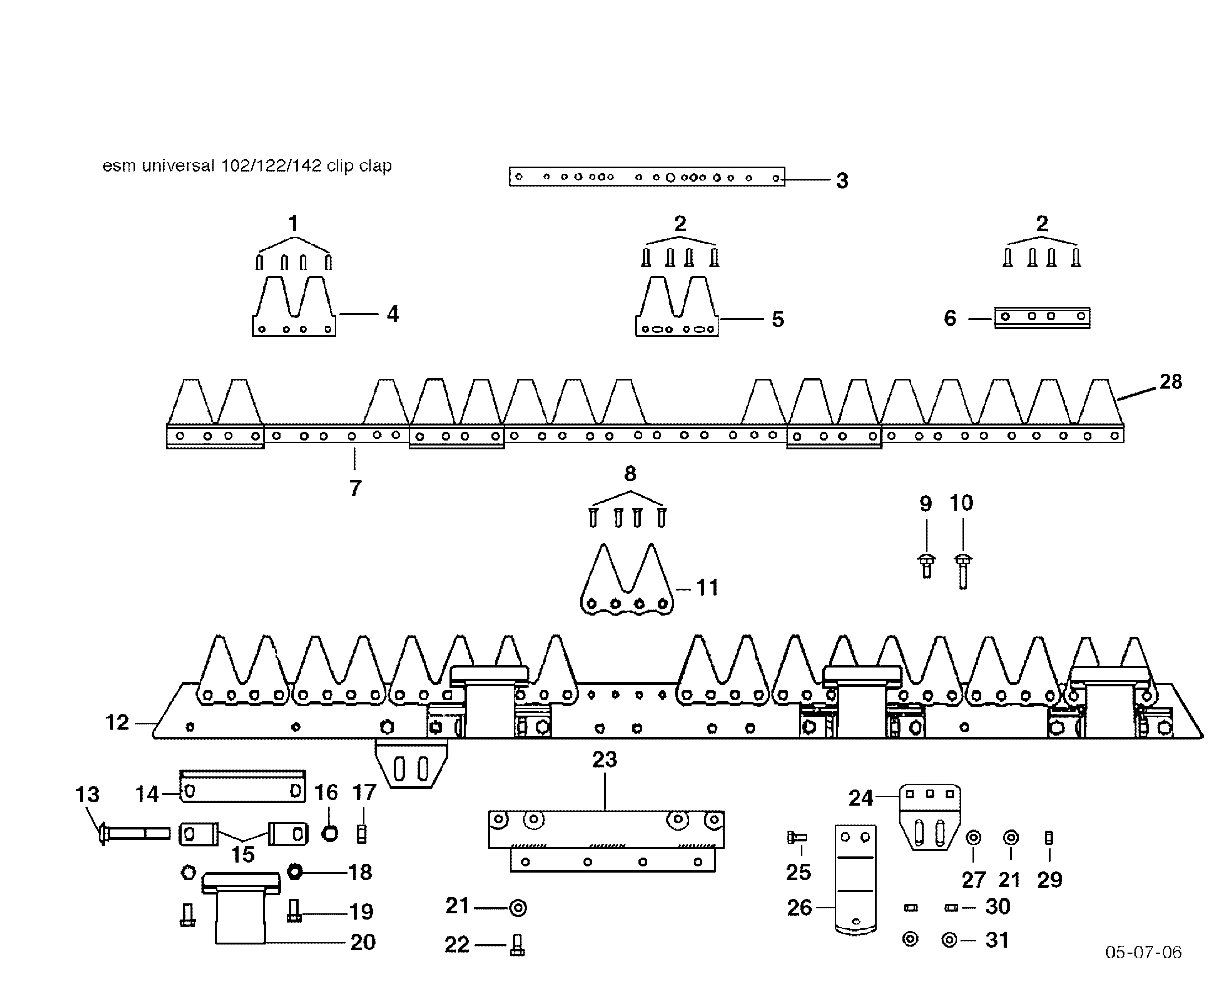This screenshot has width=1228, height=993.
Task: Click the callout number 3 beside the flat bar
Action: [842, 181]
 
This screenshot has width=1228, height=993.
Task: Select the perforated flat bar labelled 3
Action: [646, 177]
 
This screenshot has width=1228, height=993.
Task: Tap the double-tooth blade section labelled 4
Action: [293, 309]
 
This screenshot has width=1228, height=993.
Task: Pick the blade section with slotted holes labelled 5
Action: [677, 309]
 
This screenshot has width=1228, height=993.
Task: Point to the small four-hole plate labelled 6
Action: [1042, 317]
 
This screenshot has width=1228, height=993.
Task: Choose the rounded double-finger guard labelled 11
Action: [627, 583]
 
